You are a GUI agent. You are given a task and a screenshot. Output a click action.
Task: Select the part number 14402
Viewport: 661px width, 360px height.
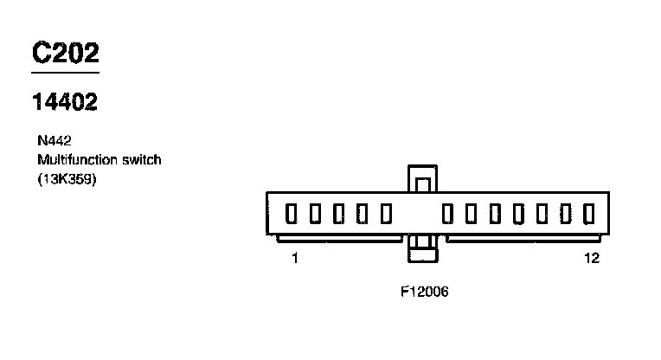tap(65, 102)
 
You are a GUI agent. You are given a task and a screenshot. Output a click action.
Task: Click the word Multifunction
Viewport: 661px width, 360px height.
tap(74, 160)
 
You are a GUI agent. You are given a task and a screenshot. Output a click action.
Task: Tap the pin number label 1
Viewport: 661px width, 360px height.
tap(295, 258)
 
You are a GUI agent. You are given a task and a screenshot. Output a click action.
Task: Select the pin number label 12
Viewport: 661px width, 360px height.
tap(592, 258)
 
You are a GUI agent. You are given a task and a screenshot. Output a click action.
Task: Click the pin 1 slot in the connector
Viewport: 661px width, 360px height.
tap(292, 213)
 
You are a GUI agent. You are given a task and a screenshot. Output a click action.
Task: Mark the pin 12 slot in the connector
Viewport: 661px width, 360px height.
tap(589, 213)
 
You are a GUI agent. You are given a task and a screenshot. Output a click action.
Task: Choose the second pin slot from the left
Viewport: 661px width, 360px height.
tap(315, 213)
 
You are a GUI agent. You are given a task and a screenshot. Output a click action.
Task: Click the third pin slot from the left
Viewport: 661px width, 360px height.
tap(339, 213)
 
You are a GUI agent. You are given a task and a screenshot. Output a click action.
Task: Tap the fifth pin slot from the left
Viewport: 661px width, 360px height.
tap(386, 213)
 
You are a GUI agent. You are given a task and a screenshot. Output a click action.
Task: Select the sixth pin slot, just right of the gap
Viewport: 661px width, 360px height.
tap(448, 213)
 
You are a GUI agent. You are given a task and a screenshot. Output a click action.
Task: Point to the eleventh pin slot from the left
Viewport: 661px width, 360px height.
tap(566, 213)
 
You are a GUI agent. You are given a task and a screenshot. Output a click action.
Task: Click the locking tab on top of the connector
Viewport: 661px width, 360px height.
tap(423, 179)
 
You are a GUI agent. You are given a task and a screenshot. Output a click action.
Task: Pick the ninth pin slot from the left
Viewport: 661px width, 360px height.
tap(519, 213)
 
